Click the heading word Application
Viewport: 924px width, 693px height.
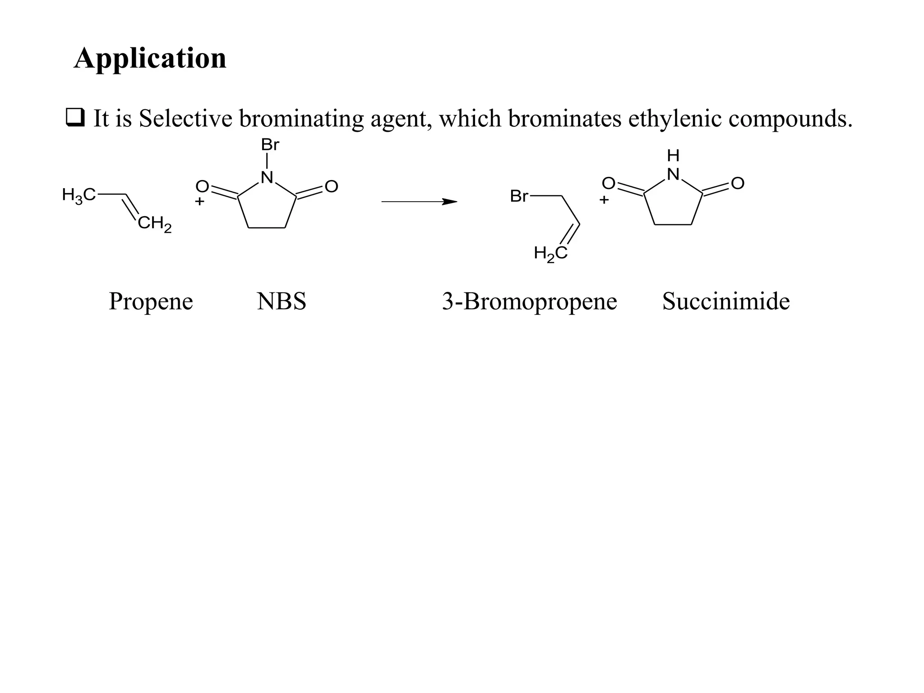[x=150, y=59]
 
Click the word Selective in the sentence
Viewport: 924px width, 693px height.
[x=185, y=119]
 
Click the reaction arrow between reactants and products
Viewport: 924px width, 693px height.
[x=419, y=202]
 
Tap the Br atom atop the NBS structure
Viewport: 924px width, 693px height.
[x=270, y=145]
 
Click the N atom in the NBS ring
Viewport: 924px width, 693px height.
[x=267, y=177]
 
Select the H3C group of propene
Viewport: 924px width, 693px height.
[x=79, y=195]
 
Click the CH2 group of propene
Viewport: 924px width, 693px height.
[x=154, y=224]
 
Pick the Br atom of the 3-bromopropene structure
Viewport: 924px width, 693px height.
[x=519, y=196]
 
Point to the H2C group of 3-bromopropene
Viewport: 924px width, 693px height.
[x=550, y=253]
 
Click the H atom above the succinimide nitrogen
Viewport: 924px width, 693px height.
[x=673, y=156]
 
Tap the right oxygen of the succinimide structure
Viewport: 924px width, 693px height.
[x=738, y=183]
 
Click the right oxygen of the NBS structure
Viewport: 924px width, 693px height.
[x=331, y=186]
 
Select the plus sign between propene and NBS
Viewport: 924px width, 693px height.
[x=199, y=201]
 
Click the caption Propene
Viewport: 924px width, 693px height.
[x=151, y=301]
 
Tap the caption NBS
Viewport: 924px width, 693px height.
[x=282, y=301]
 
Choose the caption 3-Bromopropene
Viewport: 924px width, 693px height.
[x=529, y=301]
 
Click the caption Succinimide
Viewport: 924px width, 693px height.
[x=726, y=301]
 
